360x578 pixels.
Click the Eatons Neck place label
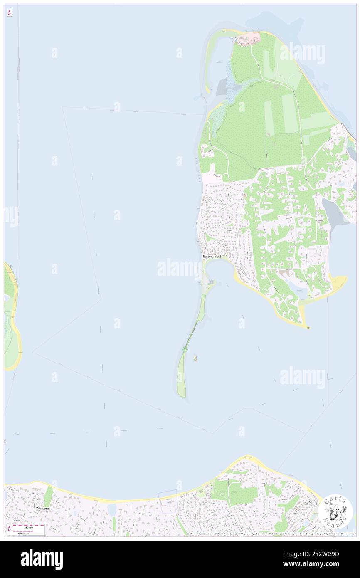pyautogui.click(x=212, y=257)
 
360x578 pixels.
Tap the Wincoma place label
pyautogui.click(x=43, y=508)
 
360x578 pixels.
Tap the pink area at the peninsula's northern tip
pyautogui.click(x=252, y=37)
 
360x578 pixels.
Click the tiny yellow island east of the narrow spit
pyautogui.click(x=195, y=358)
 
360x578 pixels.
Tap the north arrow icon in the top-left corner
pyautogui.click(x=9, y=13)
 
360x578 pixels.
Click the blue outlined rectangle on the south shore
pyautogui.click(x=167, y=501)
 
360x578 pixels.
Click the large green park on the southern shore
pyautogui.click(x=235, y=493)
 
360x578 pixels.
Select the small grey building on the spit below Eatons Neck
pyautogui.click(x=212, y=282)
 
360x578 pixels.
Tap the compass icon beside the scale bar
pyautogui.click(x=9, y=529)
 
